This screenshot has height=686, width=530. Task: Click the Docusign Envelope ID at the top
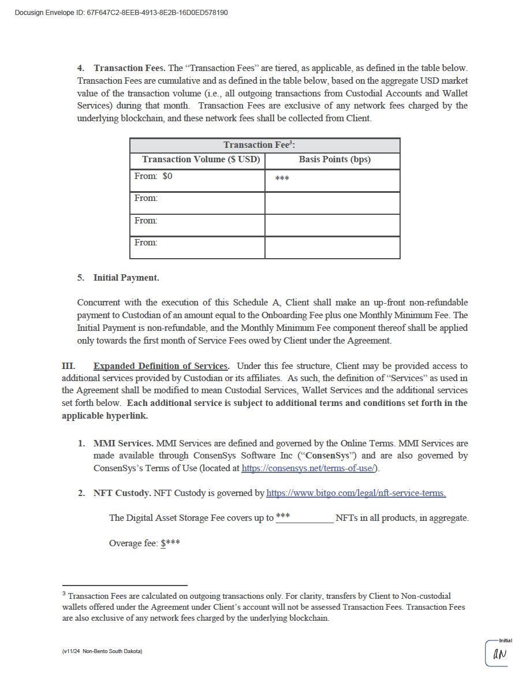pos(121,12)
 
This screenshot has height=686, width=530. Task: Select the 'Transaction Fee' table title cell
pos(264,145)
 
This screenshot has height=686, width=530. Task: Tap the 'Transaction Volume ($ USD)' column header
pos(201,159)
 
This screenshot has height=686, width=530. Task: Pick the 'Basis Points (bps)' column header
pos(334,159)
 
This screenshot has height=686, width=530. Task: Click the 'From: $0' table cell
pos(154,176)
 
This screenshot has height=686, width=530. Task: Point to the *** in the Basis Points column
pos(282,179)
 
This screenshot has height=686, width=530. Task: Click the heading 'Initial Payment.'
pos(126,278)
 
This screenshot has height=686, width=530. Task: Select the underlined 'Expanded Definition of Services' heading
pos(161,366)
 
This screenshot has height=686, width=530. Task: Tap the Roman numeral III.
pos(68,366)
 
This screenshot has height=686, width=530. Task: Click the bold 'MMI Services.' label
pos(123,443)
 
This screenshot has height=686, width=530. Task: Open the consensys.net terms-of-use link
pos(309,468)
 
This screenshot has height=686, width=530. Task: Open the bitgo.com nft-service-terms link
pos(356,493)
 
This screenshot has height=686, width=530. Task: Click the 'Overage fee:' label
pos(133,543)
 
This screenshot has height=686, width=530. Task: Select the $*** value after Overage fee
pos(171,543)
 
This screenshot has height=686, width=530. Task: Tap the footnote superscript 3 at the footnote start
pos(64,593)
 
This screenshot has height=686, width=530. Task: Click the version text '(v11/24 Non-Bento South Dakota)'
pos(102,651)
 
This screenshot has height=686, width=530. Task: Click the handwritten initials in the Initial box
pos(499,655)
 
